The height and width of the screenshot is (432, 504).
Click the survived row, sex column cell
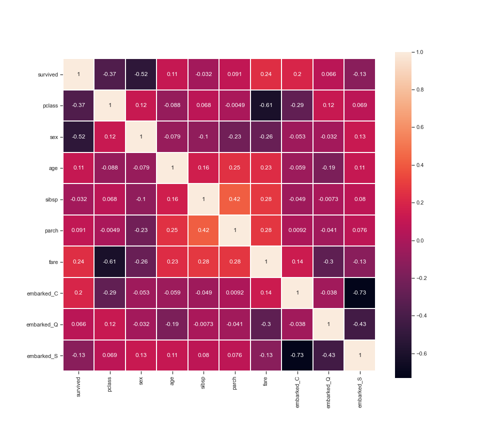coord(141,74)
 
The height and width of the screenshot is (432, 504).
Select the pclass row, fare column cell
coord(265,105)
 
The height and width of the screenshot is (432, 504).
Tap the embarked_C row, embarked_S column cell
coord(359,293)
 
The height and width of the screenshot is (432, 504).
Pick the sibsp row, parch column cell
coord(234,199)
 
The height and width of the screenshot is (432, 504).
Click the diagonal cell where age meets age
coord(172,168)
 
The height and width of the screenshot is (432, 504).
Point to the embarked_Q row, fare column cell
coord(265,324)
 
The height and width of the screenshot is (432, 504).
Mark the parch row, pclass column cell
coord(109,230)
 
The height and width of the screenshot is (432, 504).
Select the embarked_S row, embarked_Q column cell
coord(328,355)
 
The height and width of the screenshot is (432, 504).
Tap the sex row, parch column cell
coord(234,137)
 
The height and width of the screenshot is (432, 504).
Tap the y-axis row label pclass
coord(50,105)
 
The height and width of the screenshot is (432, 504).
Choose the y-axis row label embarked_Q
coord(42,324)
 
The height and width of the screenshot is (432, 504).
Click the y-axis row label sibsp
coord(51,199)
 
